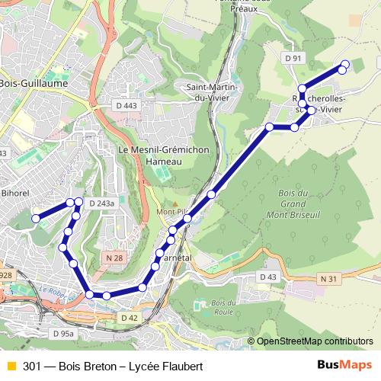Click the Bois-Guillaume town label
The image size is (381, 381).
coord(34,82)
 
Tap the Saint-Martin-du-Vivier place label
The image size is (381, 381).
coord(212,92)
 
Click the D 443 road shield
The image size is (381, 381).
coord(128,106)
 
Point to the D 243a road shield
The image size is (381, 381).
coord(101,203)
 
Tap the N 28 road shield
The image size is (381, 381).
coord(115,258)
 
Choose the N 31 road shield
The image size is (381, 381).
coord(328,279)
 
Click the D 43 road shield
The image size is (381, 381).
coord(268,276)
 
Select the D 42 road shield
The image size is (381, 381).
coord(129,316)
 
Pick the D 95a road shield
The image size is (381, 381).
coord(64,334)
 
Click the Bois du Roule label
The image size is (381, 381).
coord(203,307)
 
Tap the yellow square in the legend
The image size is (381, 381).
coord(10,367)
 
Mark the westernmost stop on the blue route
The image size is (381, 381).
coord(35,219)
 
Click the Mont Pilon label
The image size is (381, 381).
coord(168,211)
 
